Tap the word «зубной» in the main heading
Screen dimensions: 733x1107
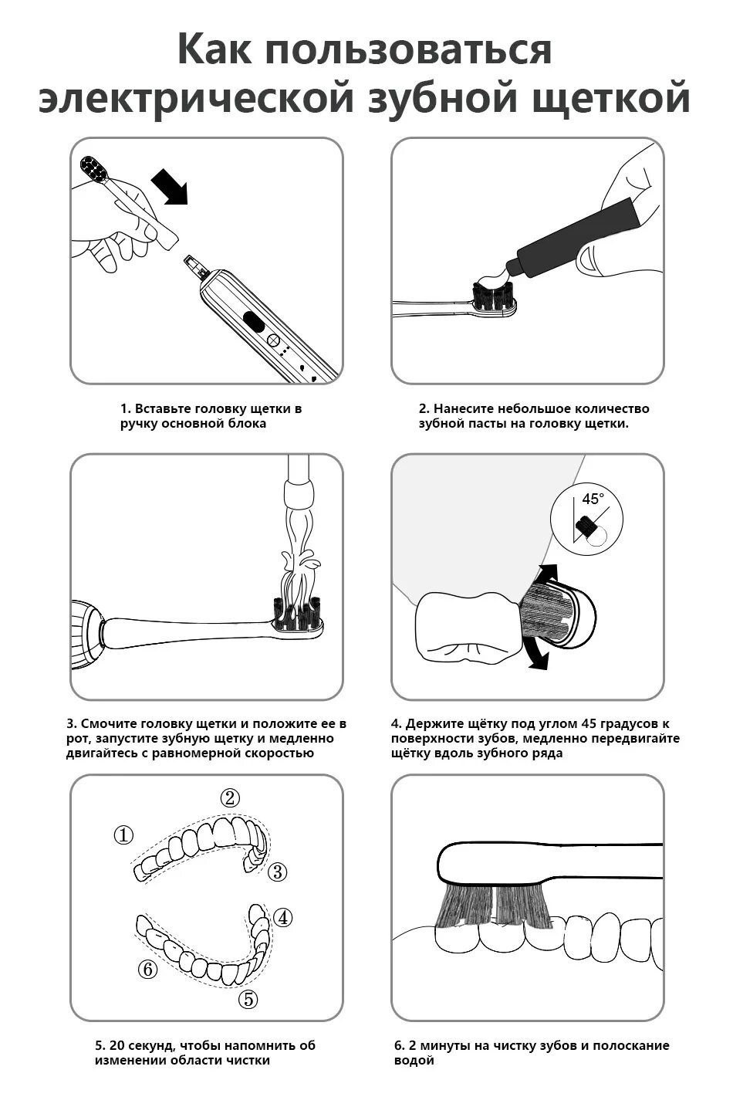[443, 98]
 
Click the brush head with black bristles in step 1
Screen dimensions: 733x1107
[93, 168]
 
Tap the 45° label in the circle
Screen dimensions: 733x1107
[593, 499]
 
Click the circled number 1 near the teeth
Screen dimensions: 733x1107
[123, 835]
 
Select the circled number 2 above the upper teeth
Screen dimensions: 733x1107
[230, 797]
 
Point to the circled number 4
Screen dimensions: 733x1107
[282, 918]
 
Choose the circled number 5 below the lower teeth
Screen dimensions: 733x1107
[248, 999]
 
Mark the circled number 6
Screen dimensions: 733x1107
[147, 969]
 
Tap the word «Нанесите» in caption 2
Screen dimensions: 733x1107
[463, 408]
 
